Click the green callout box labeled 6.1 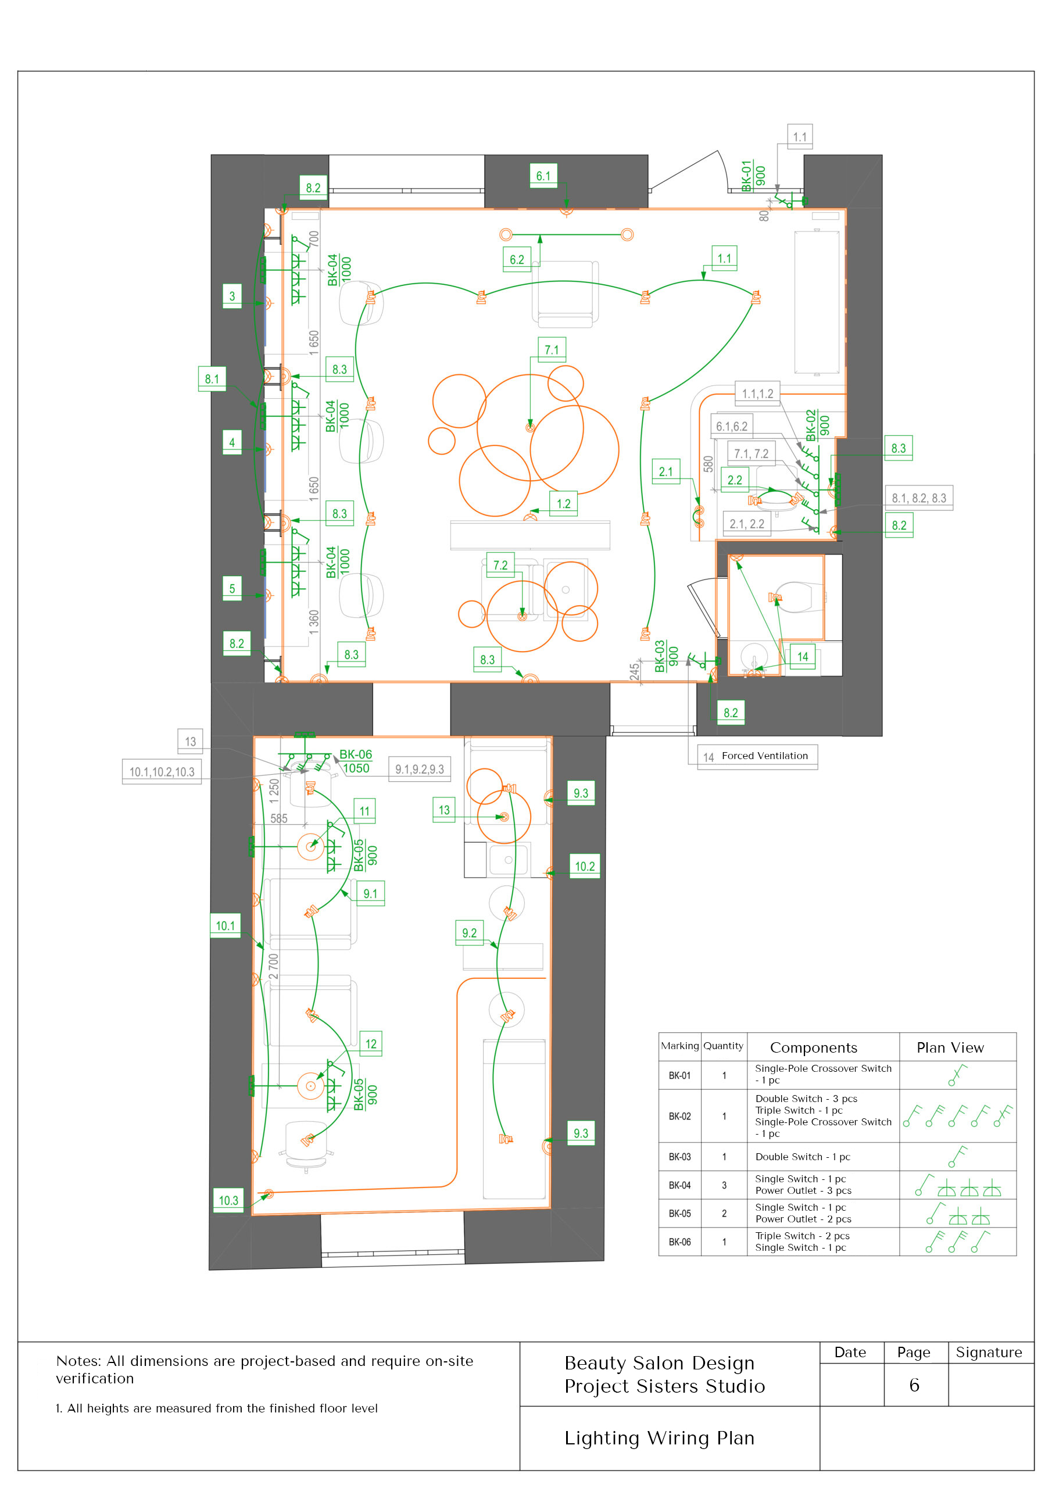(x=543, y=176)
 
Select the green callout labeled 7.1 (x=552, y=349)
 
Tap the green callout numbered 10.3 (x=228, y=1200)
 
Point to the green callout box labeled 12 (x=371, y=1043)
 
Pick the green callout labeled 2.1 (x=665, y=472)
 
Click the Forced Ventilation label (x=765, y=756)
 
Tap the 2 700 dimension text (x=274, y=966)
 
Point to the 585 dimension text (x=279, y=818)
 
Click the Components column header (x=814, y=1048)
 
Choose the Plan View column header (x=950, y=1048)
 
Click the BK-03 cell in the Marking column (x=680, y=1157)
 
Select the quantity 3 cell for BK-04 (x=724, y=1185)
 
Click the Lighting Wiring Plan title (x=659, y=1438)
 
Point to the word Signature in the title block (x=989, y=1353)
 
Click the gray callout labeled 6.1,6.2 (x=732, y=427)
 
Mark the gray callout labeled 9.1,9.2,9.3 (x=420, y=769)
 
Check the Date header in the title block (x=850, y=1353)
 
